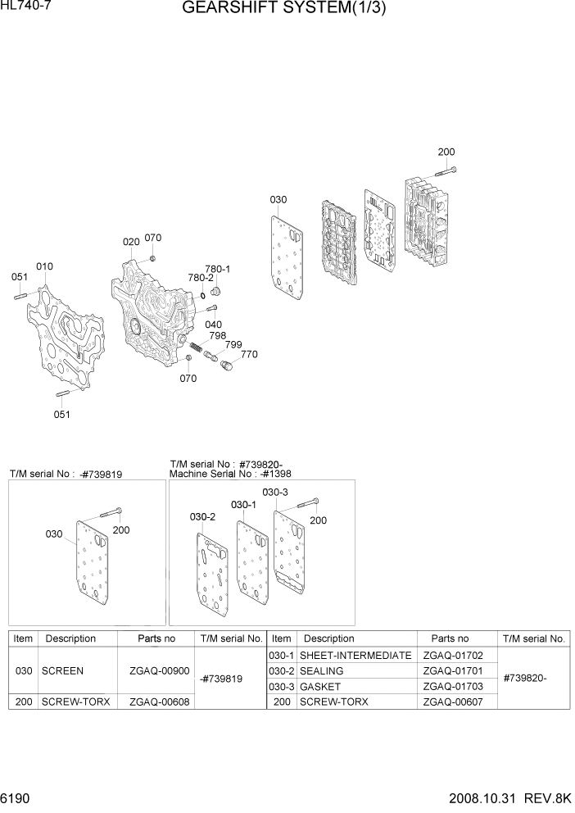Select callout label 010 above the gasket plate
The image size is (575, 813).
pos(44,266)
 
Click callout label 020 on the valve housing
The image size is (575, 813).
pos(131,242)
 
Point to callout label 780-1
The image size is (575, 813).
pos(217,269)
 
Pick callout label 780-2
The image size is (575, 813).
pos(200,278)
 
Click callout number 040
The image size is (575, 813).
pos(213,325)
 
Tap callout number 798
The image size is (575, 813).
pos(217,336)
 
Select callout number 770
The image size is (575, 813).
pos(248,354)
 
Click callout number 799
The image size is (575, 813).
pos(233,345)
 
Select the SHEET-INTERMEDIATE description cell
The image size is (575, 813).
pos(355,656)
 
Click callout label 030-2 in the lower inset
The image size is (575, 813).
pos(202,517)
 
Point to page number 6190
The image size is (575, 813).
pos(18,797)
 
